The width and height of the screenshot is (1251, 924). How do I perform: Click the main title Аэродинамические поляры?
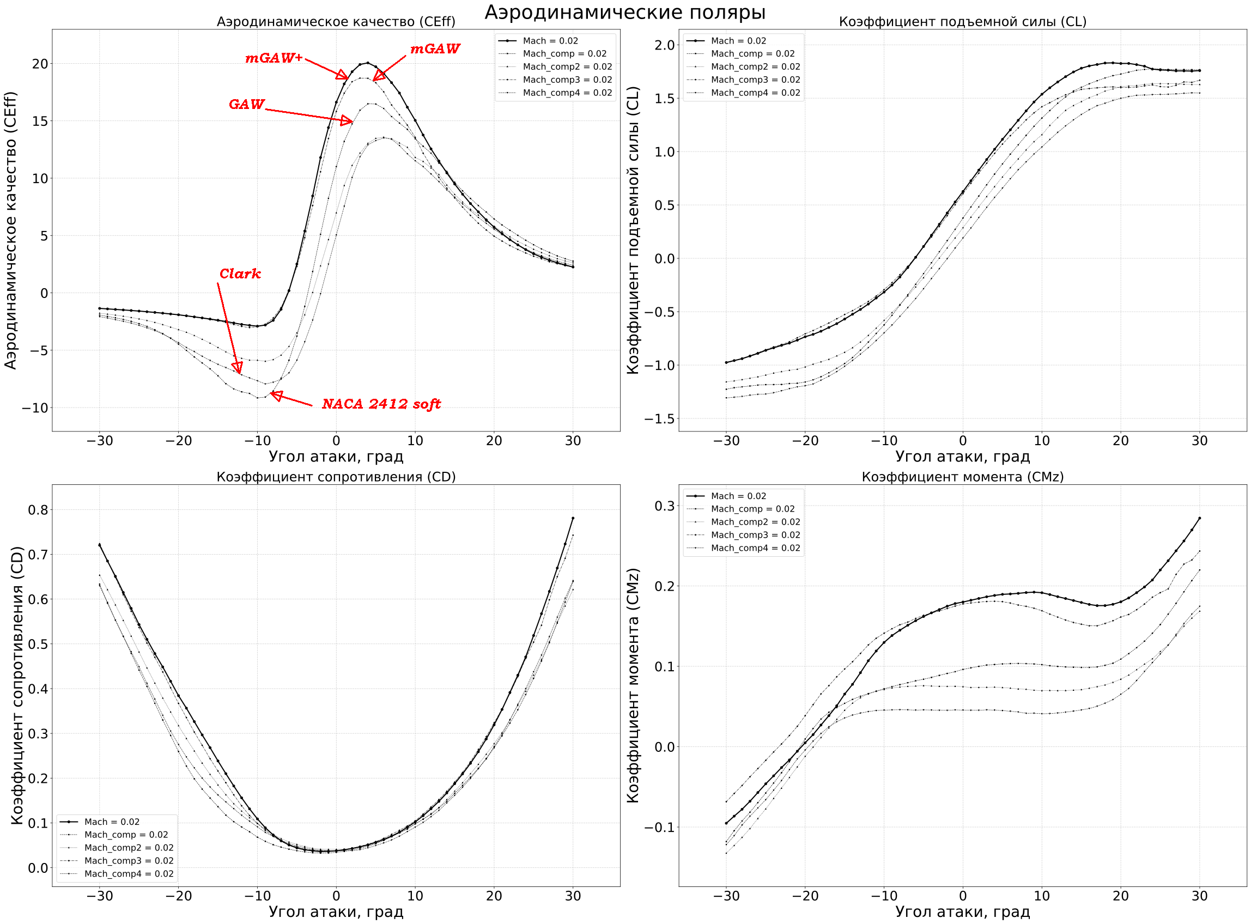[624, 12]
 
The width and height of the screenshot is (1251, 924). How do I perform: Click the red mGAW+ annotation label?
[274, 58]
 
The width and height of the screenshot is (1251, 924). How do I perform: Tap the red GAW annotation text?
[246, 105]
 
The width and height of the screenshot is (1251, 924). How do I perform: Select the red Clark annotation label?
[240, 274]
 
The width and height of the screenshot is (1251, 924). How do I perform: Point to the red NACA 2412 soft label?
[381, 404]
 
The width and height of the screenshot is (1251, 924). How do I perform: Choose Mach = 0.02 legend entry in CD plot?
[112, 822]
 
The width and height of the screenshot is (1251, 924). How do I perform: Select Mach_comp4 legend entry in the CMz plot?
[755, 549]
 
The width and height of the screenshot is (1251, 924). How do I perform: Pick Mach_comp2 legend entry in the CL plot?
[755, 67]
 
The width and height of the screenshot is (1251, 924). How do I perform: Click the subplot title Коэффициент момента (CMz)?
[962, 477]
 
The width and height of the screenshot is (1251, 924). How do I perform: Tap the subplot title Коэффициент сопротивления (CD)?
[336, 477]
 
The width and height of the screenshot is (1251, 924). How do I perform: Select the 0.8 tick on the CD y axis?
[38, 510]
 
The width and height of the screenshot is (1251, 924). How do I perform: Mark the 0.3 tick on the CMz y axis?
[664, 506]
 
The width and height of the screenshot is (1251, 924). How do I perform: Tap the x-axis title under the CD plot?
[336, 911]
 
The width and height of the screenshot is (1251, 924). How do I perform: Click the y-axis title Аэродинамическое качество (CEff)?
[11, 230]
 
